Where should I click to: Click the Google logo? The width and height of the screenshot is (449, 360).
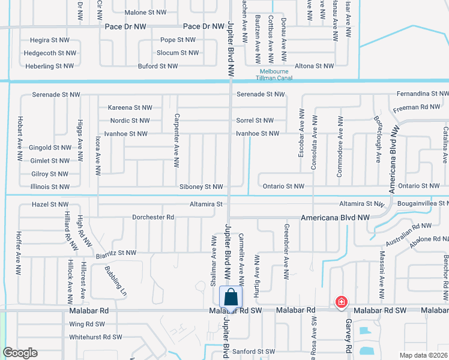20,353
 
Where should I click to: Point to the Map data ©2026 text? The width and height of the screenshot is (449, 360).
423,355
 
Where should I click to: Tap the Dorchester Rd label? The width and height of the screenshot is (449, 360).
153,217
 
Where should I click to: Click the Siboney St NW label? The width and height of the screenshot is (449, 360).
201,187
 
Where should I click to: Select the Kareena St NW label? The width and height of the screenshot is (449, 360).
130,107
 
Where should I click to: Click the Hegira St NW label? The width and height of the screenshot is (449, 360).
50,40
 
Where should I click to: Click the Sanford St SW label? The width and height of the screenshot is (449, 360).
254,351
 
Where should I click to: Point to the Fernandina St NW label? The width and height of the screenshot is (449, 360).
423,94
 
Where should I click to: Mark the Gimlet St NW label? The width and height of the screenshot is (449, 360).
50,161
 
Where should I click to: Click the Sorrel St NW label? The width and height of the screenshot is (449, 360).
255,121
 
